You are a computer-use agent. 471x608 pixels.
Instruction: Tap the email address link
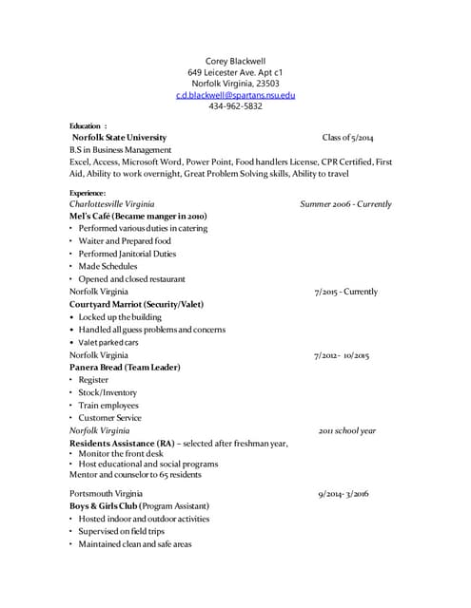(x=235, y=95)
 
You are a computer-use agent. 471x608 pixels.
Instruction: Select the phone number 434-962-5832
(x=235, y=106)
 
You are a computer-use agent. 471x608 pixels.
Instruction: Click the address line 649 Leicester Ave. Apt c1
(x=235, y=72)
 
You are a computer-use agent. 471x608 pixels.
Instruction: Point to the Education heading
(x=88, y=125)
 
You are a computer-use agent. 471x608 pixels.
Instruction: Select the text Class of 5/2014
(x=347, y=138)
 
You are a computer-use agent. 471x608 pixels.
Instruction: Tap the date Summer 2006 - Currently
(x=345, y=204)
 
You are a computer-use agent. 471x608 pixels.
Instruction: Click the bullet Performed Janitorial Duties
(x=127, y=254)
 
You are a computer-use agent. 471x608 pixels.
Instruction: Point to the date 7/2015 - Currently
(x=345, y=292)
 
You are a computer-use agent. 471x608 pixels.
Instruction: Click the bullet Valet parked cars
(x=108, y=342)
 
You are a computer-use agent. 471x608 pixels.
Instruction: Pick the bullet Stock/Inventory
(x=108, y=392)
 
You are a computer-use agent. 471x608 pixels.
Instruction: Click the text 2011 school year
(x=346, y=430)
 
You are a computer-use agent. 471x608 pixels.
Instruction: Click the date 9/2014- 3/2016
(x=343, y=494)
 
